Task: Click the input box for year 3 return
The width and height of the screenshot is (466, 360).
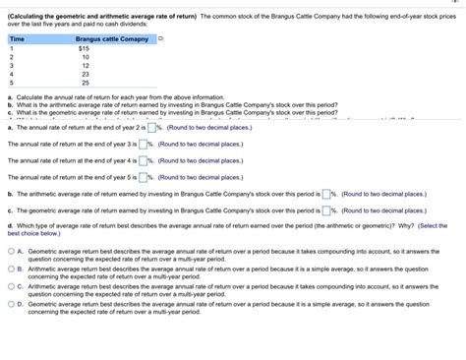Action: tap(144, 145)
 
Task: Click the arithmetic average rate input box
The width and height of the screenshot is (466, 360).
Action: tap(327, 194)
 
